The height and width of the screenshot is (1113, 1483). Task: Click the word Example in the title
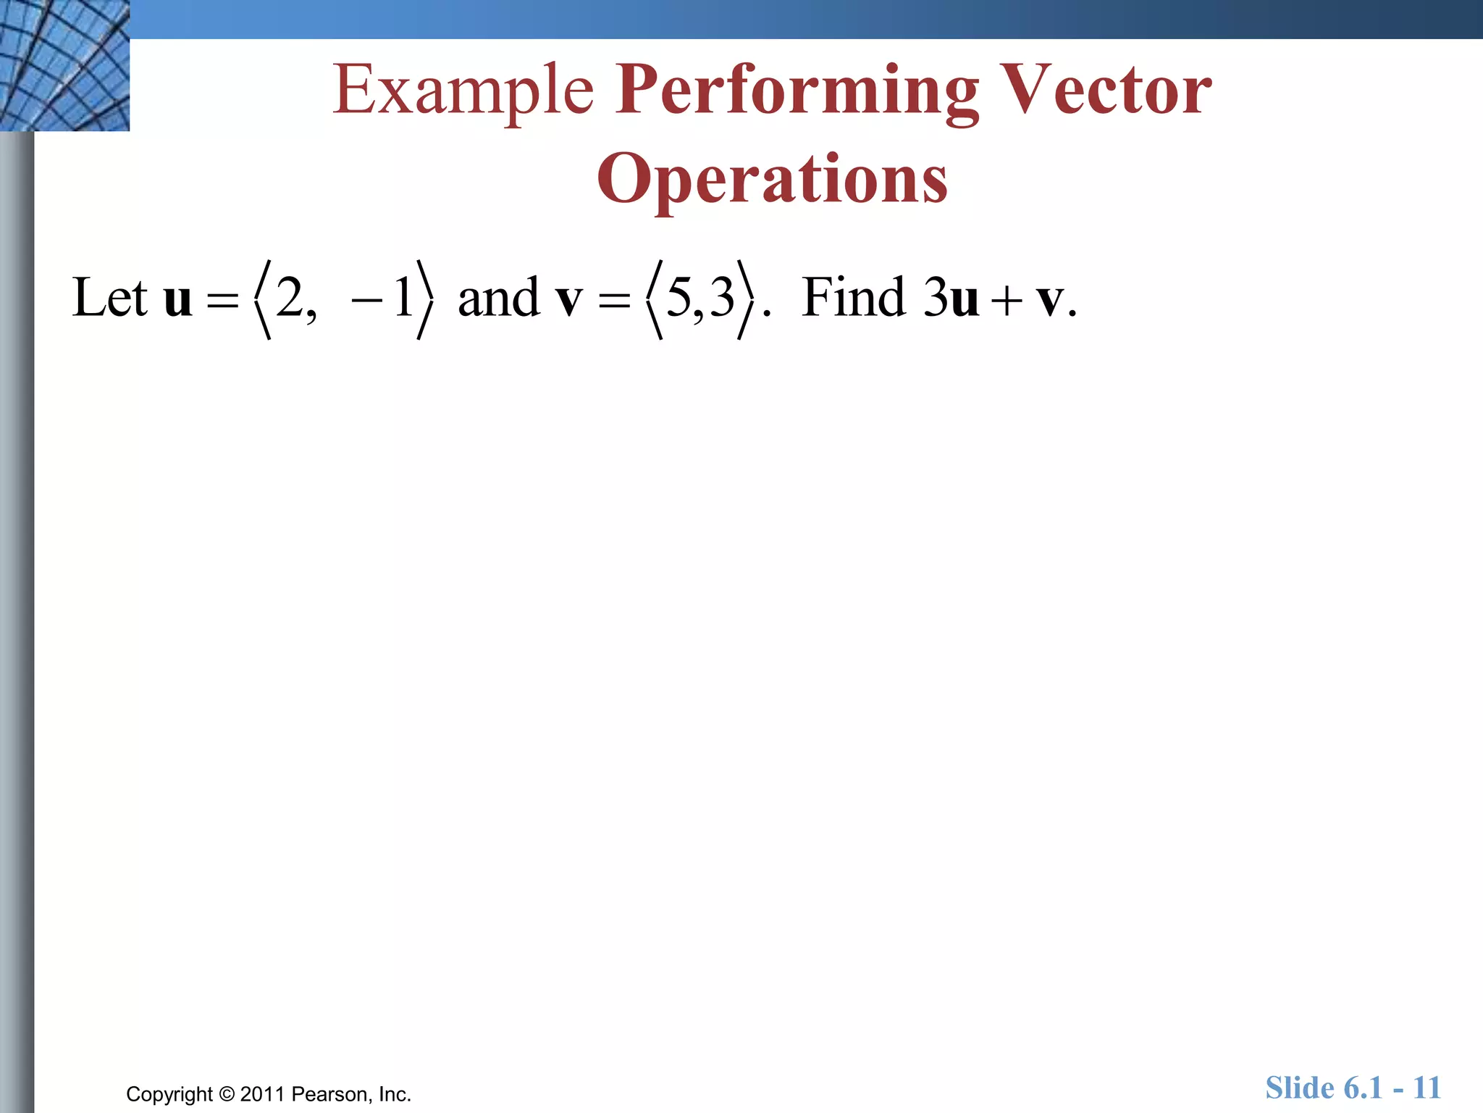coord(463,91)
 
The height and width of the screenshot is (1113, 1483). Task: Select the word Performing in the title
coord(797,91)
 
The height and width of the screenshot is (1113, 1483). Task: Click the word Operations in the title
coord(772,180)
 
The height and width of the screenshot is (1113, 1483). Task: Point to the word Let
coord(109,297)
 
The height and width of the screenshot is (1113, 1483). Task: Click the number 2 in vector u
coord(290,297)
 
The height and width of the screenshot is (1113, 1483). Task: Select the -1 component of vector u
coord(384,297)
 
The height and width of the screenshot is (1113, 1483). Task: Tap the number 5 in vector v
coord(679,297)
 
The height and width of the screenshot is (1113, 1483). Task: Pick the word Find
coord(854,297)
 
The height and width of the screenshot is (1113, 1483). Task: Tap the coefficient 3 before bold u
coord(936,297)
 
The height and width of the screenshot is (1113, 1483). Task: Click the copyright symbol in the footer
coord(227,1094)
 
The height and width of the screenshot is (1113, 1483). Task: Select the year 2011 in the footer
coord(262,1094)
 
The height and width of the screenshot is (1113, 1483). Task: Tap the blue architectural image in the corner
coord(64,65)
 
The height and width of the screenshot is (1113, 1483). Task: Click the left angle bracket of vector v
coord(654,299)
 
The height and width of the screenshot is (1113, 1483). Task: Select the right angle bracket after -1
coord(426,299)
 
